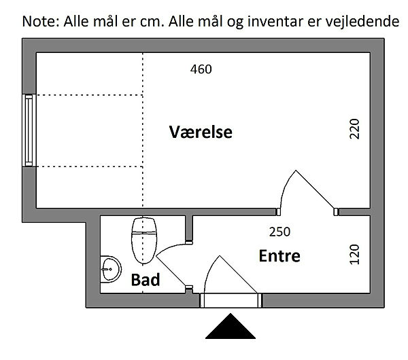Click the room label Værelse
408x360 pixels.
201,132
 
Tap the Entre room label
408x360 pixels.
279,256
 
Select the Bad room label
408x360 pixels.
146,279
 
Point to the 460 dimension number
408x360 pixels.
201,69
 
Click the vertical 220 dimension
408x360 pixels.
354,128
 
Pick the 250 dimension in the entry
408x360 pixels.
279,232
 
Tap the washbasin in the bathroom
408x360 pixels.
108,270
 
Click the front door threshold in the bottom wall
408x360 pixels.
231,301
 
